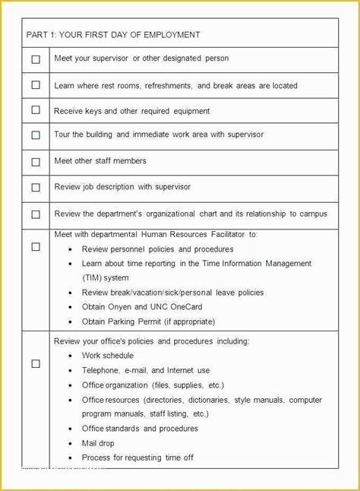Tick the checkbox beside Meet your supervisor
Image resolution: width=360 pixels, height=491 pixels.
point(36,59)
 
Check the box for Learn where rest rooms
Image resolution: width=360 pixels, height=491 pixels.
point(36,85)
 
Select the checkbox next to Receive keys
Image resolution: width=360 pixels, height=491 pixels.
point(36,110)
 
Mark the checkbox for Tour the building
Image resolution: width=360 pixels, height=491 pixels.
point(36,135)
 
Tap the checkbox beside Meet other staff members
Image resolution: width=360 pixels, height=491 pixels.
point(36,162)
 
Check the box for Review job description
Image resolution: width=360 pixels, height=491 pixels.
point(36,187)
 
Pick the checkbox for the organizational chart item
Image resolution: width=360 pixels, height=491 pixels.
point(36,214)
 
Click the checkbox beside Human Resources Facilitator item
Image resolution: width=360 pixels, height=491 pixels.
point(36,247)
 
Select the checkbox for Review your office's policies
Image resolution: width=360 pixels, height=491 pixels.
point(36,364)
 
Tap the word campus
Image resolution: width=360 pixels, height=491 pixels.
point(313,214)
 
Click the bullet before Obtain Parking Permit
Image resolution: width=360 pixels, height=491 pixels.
point(70,321)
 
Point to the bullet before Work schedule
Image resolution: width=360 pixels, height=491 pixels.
point(70,356)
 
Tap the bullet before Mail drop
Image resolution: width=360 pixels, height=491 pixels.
point(70,442)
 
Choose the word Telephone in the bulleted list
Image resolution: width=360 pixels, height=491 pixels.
point(101,370)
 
